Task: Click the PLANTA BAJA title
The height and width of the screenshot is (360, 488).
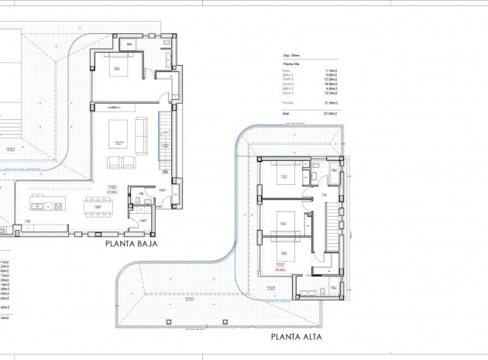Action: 139,242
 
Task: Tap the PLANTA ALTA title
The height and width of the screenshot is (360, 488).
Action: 294,338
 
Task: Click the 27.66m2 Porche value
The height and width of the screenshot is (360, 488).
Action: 330,102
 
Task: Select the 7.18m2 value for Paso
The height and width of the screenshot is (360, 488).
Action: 331,70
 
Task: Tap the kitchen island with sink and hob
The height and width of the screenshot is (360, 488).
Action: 46,205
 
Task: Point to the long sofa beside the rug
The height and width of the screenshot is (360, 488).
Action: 142,133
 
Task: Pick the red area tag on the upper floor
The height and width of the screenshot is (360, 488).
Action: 280,270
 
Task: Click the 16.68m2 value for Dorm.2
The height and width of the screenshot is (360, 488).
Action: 330,84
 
